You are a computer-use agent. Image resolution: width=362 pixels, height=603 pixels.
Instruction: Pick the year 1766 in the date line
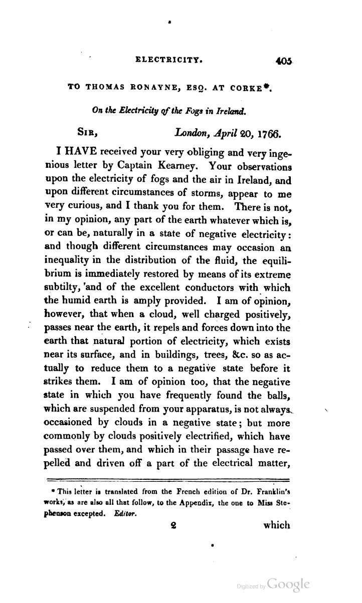tap(270, 134)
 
